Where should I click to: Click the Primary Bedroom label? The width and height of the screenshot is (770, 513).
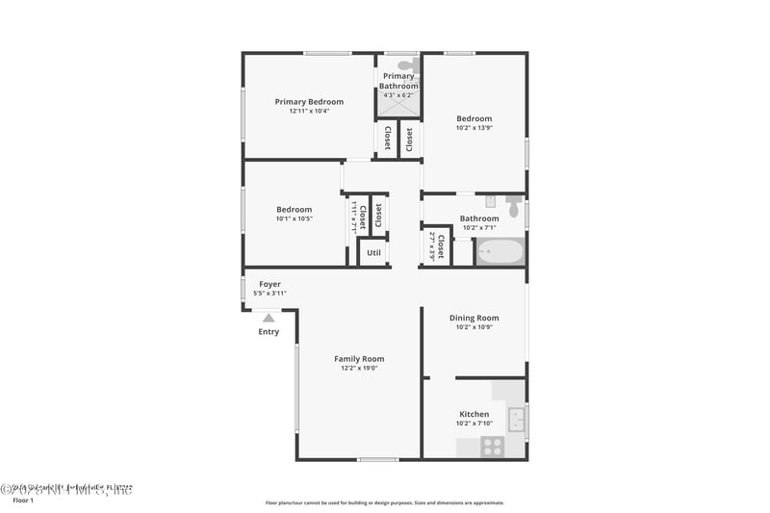coord(309,101)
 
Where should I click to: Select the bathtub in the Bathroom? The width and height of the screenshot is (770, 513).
coord(499,253)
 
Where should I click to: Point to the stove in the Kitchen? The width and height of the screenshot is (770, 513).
coord(492,447)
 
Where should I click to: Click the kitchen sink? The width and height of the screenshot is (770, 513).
coord(516,419)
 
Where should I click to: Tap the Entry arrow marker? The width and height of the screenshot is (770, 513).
coord(269,317)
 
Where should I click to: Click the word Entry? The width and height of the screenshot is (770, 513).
coord(269,332)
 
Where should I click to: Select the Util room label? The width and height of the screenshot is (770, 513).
coord(373,253)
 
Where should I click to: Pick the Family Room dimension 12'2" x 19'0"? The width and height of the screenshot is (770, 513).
coord(359,368)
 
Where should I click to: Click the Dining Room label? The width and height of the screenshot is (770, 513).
coord(474,318)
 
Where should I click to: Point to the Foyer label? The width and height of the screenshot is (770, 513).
coord(269,284)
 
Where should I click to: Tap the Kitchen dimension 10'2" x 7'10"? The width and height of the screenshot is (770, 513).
coord(474,423)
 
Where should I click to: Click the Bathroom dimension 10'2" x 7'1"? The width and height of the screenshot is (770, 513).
coord(478,228)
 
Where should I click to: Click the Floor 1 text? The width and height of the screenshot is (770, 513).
coord(22,500)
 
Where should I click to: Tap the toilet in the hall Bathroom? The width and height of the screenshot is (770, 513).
coord(514,207)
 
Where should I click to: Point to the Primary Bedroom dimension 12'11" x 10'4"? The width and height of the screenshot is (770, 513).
coord(309,111)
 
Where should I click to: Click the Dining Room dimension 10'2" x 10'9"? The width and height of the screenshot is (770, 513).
coord(474,327)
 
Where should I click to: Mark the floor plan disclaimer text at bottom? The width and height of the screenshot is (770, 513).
coord(384,502)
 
